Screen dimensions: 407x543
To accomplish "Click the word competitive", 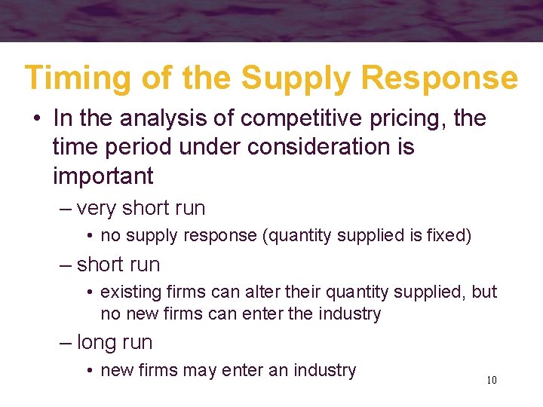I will (299, 118).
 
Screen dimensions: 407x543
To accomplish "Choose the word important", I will (103, 176).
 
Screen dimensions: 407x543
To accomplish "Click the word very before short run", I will (97, 208).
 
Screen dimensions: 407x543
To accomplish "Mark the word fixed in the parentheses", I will (449, 236).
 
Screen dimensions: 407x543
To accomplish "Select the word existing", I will (130, 292).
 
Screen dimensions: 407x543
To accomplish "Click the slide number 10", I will (492, 380).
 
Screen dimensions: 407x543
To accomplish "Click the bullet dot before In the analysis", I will (36, 119).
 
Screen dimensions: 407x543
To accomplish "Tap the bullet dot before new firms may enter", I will (90, 371).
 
